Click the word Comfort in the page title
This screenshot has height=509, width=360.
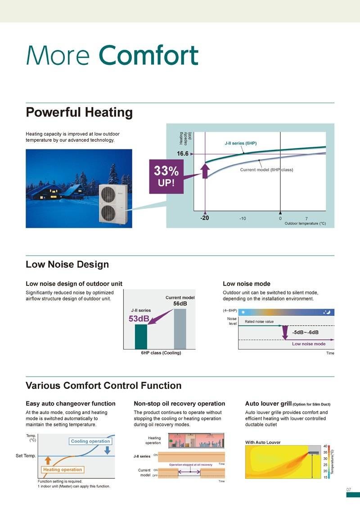pyautogui.click(x=148, y=56)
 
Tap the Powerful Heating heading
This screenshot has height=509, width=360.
pyautogui.click(x=79, y=112)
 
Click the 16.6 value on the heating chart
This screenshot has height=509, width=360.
pyautogui.click(x=182, y=154)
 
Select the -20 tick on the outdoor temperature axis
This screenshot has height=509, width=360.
pyautogui.click(x=204, y=218)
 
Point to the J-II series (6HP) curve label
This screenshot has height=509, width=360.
pyautogui.click(x=240, y=143)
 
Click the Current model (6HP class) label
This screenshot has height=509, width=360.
pyautogui.click(x=266, y=170)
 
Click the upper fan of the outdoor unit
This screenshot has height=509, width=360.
pyautogui.click(x=109, y=193)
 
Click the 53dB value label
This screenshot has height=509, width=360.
pyautogui.click(x=139, y=319)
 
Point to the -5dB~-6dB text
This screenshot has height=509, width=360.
pyautogui.click(x=305, y=332)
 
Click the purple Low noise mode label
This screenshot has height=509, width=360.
pyautogui.click(x=309, y=344)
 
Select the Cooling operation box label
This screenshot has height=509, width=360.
pyautogui.click(x=90, y=441)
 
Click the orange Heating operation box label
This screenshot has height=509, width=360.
pyautogui.click(x=63, y=469)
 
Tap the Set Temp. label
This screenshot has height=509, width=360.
pyautogui.click(x=26, y=456)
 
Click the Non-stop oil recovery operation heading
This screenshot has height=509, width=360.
pyautogui.click(x=179, y=403)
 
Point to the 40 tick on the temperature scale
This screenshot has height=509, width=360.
pyautogui.click(x=325, y=446)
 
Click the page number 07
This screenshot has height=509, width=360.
pyautogui.click(x=349, y=489)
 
